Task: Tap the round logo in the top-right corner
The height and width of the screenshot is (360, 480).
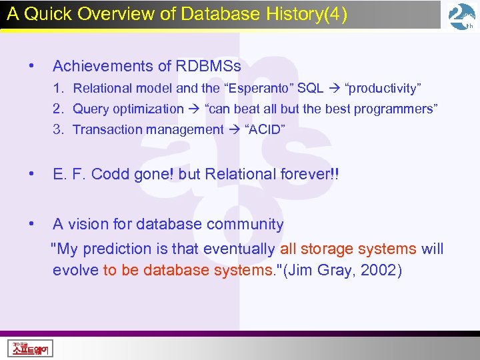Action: (461, 16)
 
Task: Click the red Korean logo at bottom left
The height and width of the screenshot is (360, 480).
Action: (31, 348)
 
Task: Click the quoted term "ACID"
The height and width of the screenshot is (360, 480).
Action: (265, 129)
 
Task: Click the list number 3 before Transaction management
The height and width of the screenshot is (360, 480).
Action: (59, 129)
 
